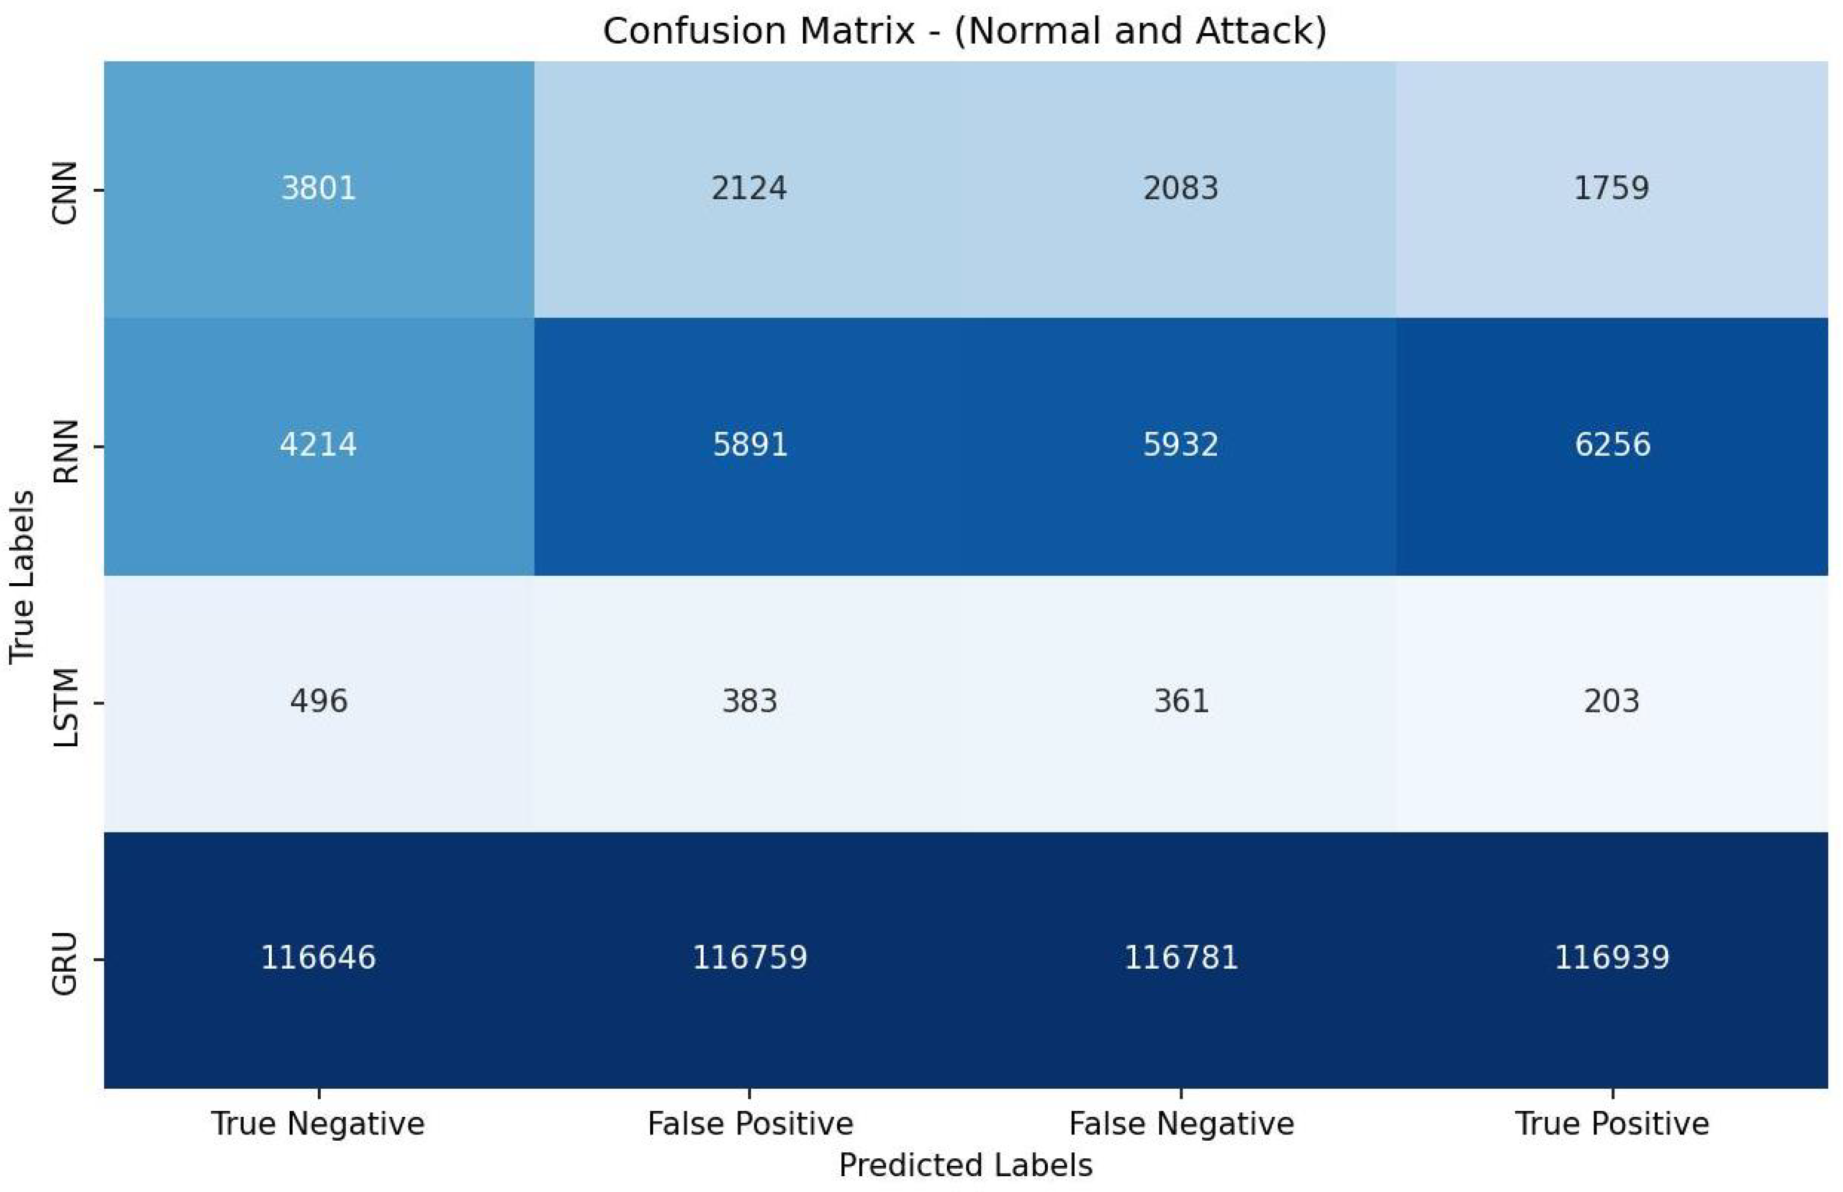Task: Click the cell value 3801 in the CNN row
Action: point(318,188)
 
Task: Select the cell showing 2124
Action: point(749,188)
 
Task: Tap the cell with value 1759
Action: point(1612,188)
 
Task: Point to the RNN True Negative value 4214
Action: point(318,445)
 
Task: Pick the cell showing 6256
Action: point(1612,445)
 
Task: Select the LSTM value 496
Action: point(318,701)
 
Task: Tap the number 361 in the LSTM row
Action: point(1181,701)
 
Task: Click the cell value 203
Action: point(1612,701)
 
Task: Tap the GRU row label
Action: point(65,964)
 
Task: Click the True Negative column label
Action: point(318,1124)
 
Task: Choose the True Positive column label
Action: point(1612,1124)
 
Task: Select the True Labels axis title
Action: point(22,577)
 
